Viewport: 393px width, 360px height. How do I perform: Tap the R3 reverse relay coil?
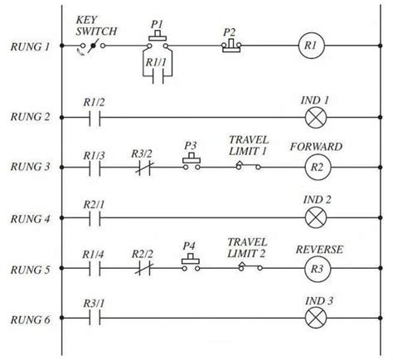pos(316,270)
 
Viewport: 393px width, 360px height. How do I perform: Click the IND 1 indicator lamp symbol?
pos(316,119)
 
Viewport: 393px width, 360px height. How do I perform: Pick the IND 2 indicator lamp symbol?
pos(316,220)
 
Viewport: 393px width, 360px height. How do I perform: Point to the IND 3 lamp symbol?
pos(316,318)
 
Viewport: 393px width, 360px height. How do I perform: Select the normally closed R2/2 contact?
pos(143,270)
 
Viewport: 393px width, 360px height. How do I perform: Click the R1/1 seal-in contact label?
pos(157,61)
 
